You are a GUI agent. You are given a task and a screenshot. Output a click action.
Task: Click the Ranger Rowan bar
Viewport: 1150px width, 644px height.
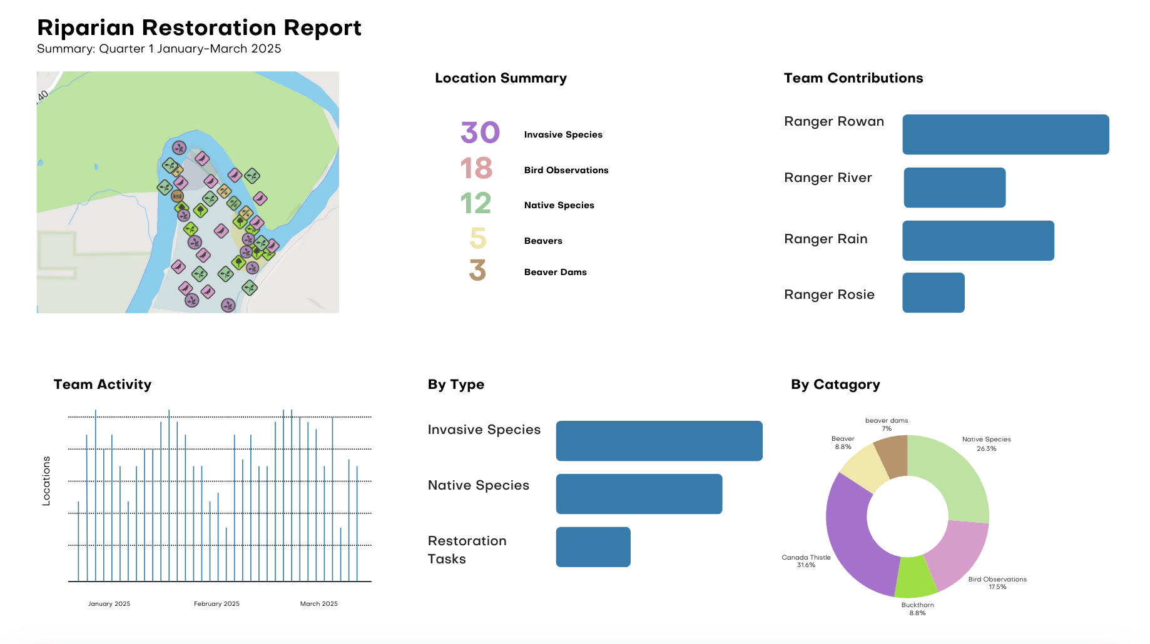click(x=1005, y=134)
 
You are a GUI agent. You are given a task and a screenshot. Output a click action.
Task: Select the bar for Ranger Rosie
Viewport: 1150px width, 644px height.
click(x=933, y=293)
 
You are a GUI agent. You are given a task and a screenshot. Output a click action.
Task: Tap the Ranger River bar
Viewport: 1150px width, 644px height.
click(x=954, y=188)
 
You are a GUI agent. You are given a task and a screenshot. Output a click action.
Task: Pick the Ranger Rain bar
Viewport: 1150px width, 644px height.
click(x=978, y=241)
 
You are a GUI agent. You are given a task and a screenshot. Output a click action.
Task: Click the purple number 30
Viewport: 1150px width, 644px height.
click(x=480, y=133)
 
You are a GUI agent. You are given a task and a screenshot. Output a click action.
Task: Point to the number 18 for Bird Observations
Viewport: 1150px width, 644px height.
click(x=476, y=168)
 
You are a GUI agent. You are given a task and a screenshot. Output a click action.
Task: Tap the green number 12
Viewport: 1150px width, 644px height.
click(x=476, y=204)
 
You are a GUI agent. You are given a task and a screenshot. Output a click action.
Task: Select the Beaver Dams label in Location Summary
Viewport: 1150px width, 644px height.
click(x=555, y=272)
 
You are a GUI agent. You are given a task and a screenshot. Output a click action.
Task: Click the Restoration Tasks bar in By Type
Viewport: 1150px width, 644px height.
click(x=593, y=547)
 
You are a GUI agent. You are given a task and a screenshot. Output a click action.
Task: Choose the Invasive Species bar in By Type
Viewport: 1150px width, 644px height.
click(x=659, y=441)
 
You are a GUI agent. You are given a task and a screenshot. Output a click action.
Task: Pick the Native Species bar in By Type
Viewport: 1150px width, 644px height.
click(x=639, y=494)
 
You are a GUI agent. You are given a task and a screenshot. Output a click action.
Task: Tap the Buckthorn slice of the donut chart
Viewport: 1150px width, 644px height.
click(x=915, y=577)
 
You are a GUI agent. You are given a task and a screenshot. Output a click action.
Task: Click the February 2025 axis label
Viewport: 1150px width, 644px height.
click(x=216, y=604)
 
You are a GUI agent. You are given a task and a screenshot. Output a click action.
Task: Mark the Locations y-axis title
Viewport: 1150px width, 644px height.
click(x=46, y=481)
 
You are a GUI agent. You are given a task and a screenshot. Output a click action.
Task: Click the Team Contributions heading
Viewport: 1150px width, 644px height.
click(x=853, y=78)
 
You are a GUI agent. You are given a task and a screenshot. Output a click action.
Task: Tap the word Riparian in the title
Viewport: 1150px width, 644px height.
click(x=86, y=28)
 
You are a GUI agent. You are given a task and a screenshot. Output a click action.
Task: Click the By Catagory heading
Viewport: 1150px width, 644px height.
click(x=835, y=385)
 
